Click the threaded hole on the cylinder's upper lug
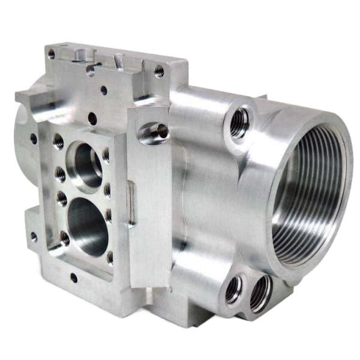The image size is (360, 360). coord(239,125)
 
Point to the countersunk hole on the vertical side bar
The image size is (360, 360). coord(153,133)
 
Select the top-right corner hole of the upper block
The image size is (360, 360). coord(159,71)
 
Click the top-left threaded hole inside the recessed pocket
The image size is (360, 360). coord(58,141)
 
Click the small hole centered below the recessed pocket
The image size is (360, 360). coord(74,277)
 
